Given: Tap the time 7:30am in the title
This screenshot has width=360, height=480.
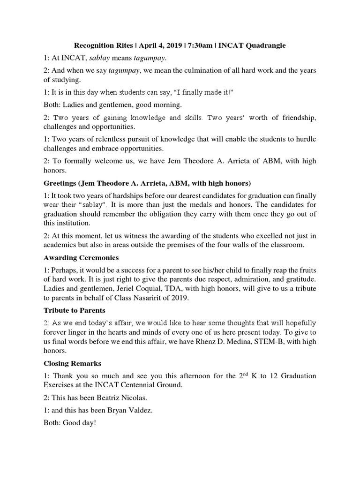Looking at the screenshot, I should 203,45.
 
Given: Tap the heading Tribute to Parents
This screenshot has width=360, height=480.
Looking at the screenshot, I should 75,310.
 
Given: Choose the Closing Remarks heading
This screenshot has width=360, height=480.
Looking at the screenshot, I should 73,363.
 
